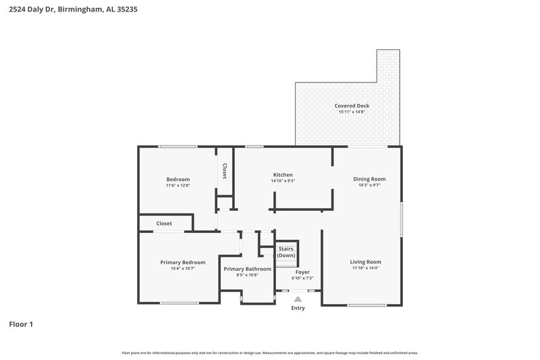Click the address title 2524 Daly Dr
73,11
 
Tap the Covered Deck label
352,105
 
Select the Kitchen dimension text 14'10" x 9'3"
283,181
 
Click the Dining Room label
369,179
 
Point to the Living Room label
365,262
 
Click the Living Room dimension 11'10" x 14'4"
365,269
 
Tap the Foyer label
302,272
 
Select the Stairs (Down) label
286,252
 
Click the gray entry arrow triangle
298,298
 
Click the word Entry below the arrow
298,308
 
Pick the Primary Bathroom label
248,269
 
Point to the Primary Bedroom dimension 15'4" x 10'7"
182,269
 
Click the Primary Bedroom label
182,262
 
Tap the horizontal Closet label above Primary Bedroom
164,224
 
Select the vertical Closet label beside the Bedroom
224,172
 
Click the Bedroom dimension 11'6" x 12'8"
178,186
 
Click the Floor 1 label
21,324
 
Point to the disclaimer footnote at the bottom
269,353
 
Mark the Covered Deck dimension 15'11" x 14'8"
352,112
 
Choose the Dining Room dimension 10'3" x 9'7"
369,186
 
